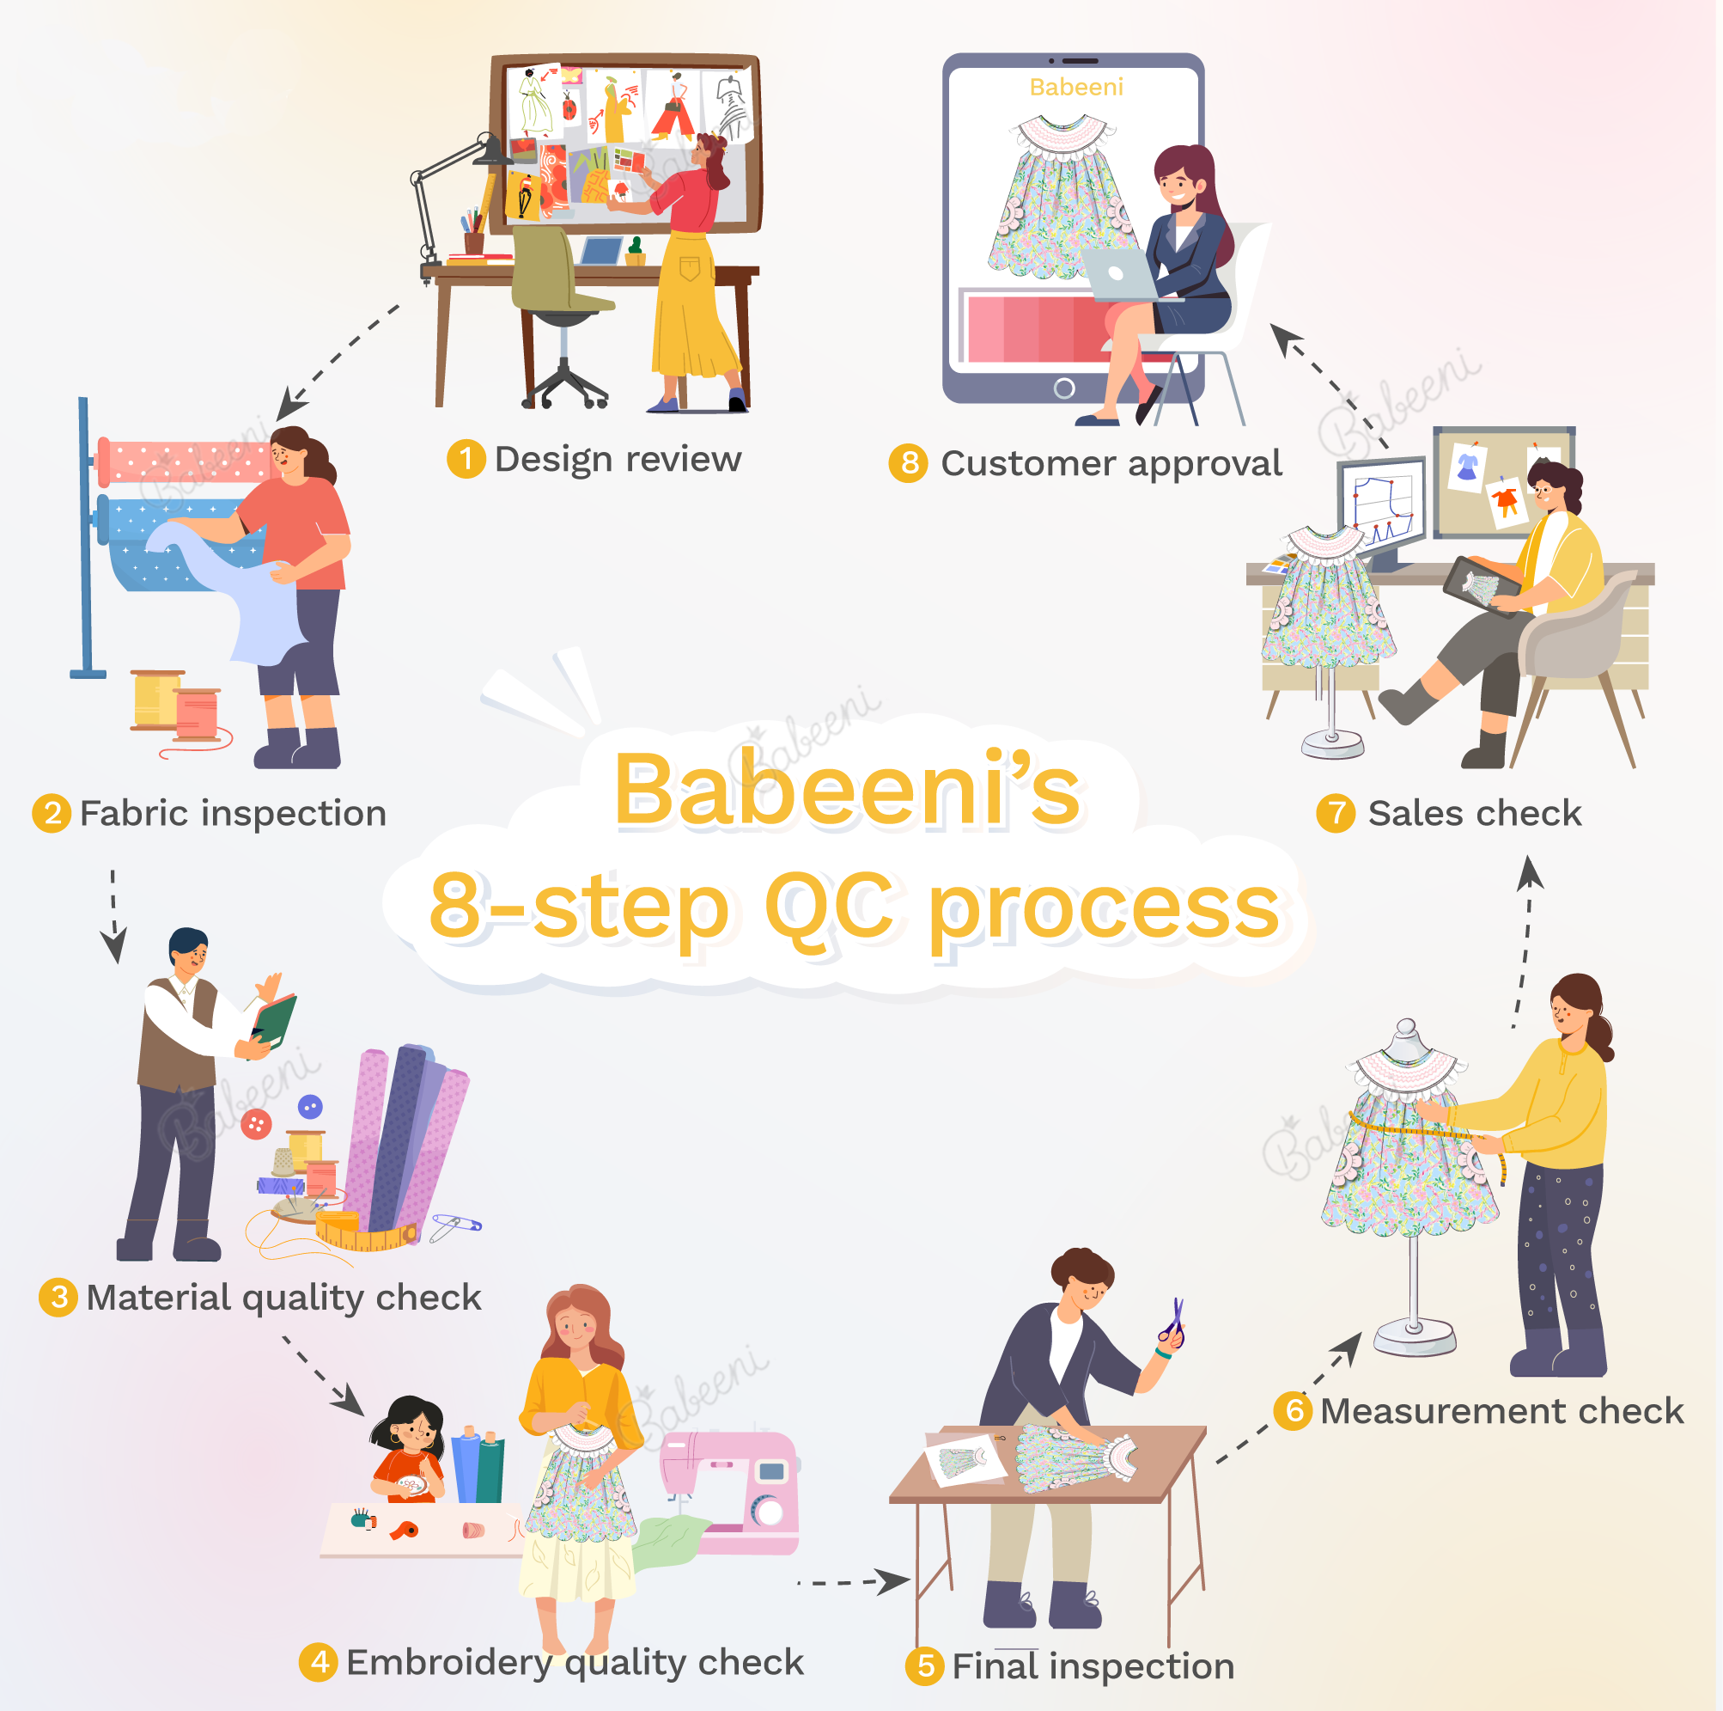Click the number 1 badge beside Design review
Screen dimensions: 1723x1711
[466, 460]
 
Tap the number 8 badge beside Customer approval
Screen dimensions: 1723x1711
[909, 463]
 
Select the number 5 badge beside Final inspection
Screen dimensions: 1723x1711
[925, 1665]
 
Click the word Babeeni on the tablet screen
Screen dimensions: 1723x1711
[1075, 87]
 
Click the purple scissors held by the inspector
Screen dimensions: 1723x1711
[1173, 1322]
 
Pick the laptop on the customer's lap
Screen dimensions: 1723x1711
[1122, 274]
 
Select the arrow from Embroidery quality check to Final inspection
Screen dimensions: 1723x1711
[853, 1581]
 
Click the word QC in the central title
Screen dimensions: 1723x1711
[830, 906]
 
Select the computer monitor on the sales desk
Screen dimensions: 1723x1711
[1380, 509]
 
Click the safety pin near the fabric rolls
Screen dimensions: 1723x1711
[456, 1226]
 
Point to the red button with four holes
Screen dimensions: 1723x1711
[256, 1124]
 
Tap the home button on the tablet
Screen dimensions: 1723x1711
[1064, 388]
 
